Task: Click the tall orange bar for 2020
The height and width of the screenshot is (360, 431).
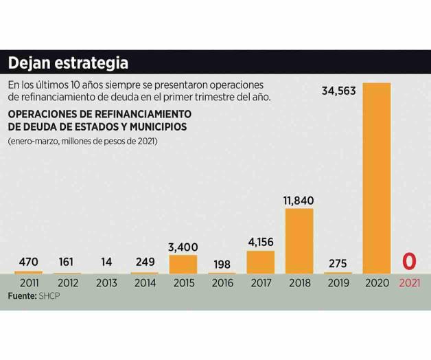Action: (376, 178)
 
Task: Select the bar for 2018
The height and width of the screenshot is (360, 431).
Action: (299, 240)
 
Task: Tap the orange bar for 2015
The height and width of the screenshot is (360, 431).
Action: (183, 265)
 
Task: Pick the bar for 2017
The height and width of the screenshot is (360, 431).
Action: (260, 262)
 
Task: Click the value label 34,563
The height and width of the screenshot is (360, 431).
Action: (338, 90)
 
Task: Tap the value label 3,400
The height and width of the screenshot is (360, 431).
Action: (183, 247)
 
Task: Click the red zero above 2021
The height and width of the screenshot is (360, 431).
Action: (410, 262)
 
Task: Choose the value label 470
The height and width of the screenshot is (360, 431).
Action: (28, 262)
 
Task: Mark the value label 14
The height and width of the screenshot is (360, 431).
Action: (106, 262)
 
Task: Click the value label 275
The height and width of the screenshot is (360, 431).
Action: (338, 262)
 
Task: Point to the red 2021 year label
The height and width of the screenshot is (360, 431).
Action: (410, 283)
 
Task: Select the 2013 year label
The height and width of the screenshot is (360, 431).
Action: (106, 283)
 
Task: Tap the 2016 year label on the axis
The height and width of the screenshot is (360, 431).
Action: (222, 283)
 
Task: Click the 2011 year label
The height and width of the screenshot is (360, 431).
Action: (28, 283)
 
